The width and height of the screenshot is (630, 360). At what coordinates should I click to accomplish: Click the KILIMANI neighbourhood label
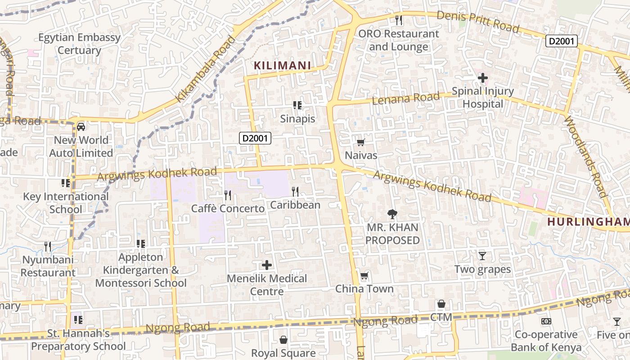[x=282, y=66]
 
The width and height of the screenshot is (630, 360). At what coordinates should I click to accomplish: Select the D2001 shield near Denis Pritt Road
[x=561, y=41]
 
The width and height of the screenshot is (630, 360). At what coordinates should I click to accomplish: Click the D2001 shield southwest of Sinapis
[x=255, y=138]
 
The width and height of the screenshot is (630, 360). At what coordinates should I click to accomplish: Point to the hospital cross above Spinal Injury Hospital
[x=482, y=78]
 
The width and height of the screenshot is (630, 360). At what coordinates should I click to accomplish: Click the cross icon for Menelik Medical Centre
[x=267, y=265]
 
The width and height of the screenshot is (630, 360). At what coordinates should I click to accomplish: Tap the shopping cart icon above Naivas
[x=360, y=143]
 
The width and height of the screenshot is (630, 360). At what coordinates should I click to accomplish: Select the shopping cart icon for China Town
[x=364, y=275]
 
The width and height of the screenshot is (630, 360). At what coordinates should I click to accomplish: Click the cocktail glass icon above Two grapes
[x=482, y=256]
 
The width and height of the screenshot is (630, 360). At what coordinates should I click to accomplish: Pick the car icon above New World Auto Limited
[x=81, y=127]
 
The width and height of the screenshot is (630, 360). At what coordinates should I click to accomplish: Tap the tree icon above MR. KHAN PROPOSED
[x=392, y=214]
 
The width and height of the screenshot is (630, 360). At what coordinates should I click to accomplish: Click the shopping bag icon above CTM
[x=441, y=304]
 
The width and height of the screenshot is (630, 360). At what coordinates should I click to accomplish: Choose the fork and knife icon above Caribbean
[x=295, y=192]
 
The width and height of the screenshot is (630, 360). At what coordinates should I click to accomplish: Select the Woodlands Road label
[x=585, y=157]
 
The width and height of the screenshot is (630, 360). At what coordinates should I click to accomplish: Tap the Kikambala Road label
[x=205, y=69]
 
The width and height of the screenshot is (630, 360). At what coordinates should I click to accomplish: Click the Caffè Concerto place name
[x=228, y=209]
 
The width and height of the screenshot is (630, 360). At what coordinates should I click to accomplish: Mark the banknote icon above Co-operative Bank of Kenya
[x=546, y=321]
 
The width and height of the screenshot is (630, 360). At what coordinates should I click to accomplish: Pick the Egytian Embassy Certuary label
[x=79, y=44]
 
